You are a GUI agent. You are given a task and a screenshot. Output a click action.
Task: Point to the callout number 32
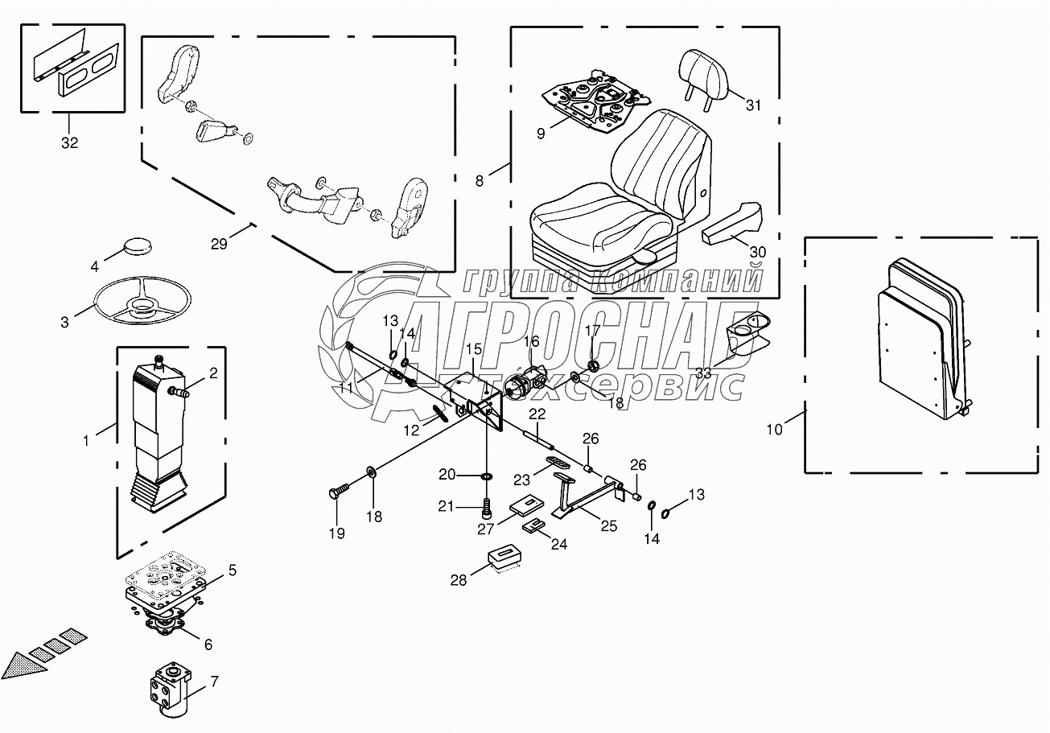(70, 143)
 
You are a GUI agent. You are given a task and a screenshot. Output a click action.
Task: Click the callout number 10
(773, 429)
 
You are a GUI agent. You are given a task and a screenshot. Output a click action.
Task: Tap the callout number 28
(459, 579)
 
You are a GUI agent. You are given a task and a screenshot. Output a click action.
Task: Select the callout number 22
(537, 414)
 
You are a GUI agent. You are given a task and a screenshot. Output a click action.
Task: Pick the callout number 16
(532, 341)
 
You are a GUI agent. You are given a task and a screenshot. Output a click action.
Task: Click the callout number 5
(232, 570)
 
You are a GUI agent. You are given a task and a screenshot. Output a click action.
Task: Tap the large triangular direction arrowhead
(22, 665)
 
